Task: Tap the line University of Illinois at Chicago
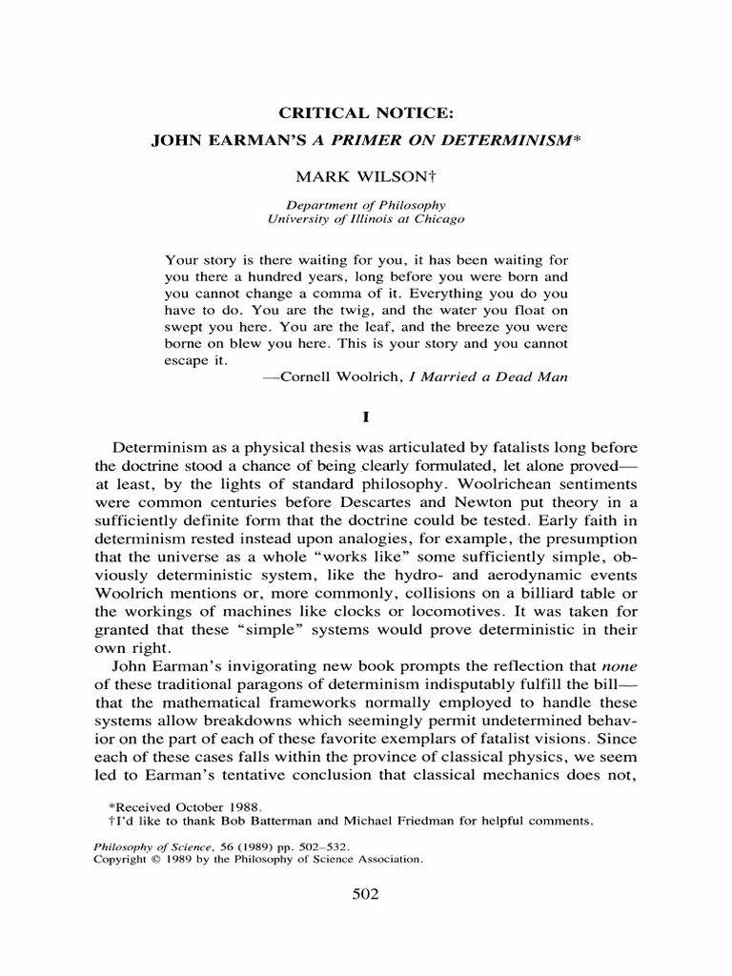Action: coord(367,218)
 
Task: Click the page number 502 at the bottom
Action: coord(366,895)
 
